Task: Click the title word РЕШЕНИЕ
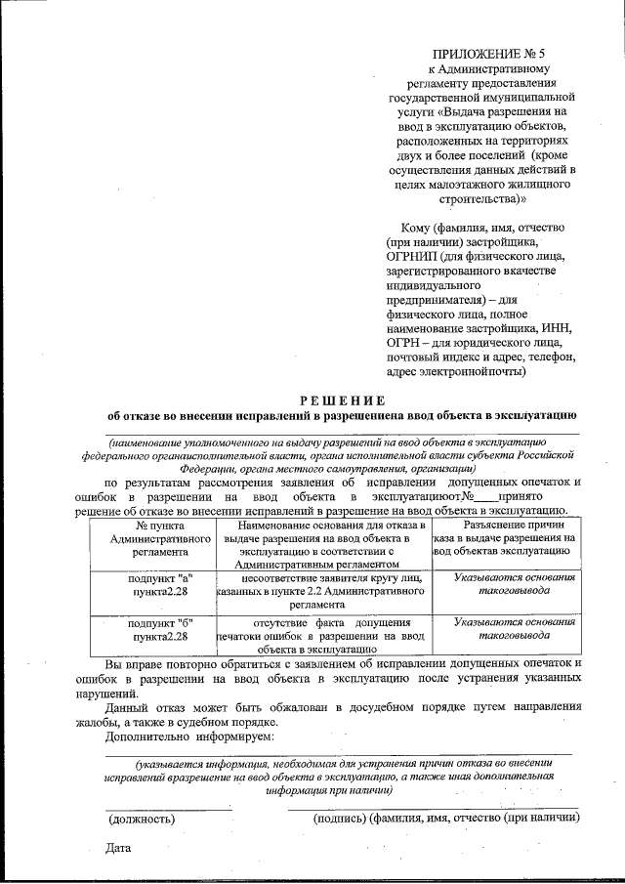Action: (343, 400)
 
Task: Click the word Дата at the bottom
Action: (118, 848)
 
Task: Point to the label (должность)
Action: (142, 820)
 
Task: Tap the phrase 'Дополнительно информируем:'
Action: (189, 735)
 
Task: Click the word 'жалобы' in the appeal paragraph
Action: (126, 721)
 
